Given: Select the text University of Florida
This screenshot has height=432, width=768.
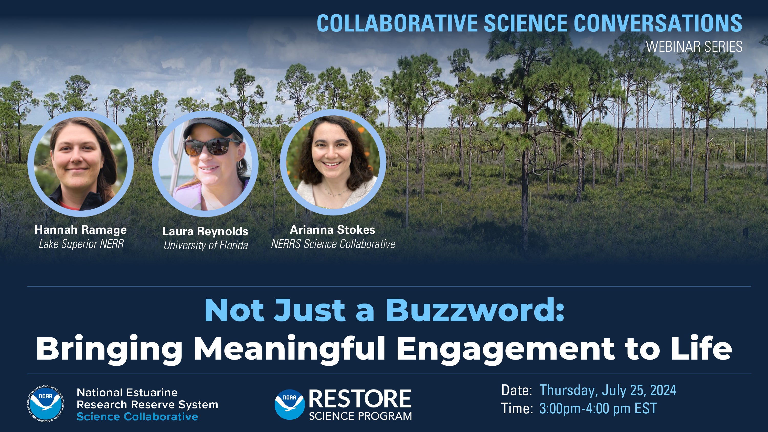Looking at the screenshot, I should [x=206, y=245].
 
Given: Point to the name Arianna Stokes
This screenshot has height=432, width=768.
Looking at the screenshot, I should [x=333, y=230].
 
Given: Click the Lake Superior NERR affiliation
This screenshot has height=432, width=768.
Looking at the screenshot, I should [x=81, y=244].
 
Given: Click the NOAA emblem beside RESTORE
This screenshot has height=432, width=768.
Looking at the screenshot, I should [x=290, y=404].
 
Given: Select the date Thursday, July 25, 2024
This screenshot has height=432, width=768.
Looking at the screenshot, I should [x=607, y=390].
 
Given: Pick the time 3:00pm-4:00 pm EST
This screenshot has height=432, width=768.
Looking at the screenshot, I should [x=598, y=408].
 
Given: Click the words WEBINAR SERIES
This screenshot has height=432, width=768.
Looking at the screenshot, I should [x=694, y=47].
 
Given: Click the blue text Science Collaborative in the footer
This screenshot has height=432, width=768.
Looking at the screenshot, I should [x=137, y=416].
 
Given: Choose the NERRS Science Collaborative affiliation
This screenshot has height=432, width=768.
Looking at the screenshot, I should [x=333, y=244].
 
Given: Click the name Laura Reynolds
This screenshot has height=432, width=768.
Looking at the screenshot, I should [x=205, y=231].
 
